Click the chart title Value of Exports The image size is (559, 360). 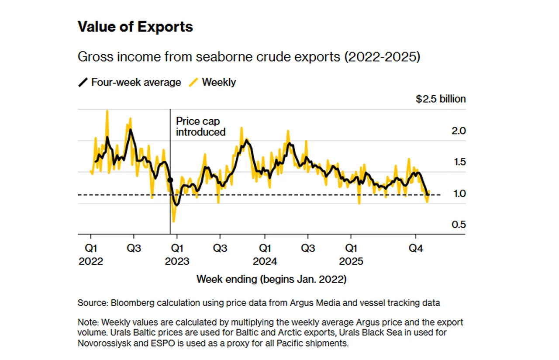[135, 27]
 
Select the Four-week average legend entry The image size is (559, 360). [130, 82]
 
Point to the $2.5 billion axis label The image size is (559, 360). [440, 99]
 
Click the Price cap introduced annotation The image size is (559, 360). [200, 127]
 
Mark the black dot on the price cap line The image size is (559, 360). [170, 180]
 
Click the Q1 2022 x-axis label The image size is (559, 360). [90, 255]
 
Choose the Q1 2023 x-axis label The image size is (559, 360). [177, 255]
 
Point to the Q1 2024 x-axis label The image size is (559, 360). [264, 255]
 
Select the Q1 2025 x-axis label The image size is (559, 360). [352, 255]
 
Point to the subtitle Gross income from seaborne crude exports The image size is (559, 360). [248, 57]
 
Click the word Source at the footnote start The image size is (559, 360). [91, 302]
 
